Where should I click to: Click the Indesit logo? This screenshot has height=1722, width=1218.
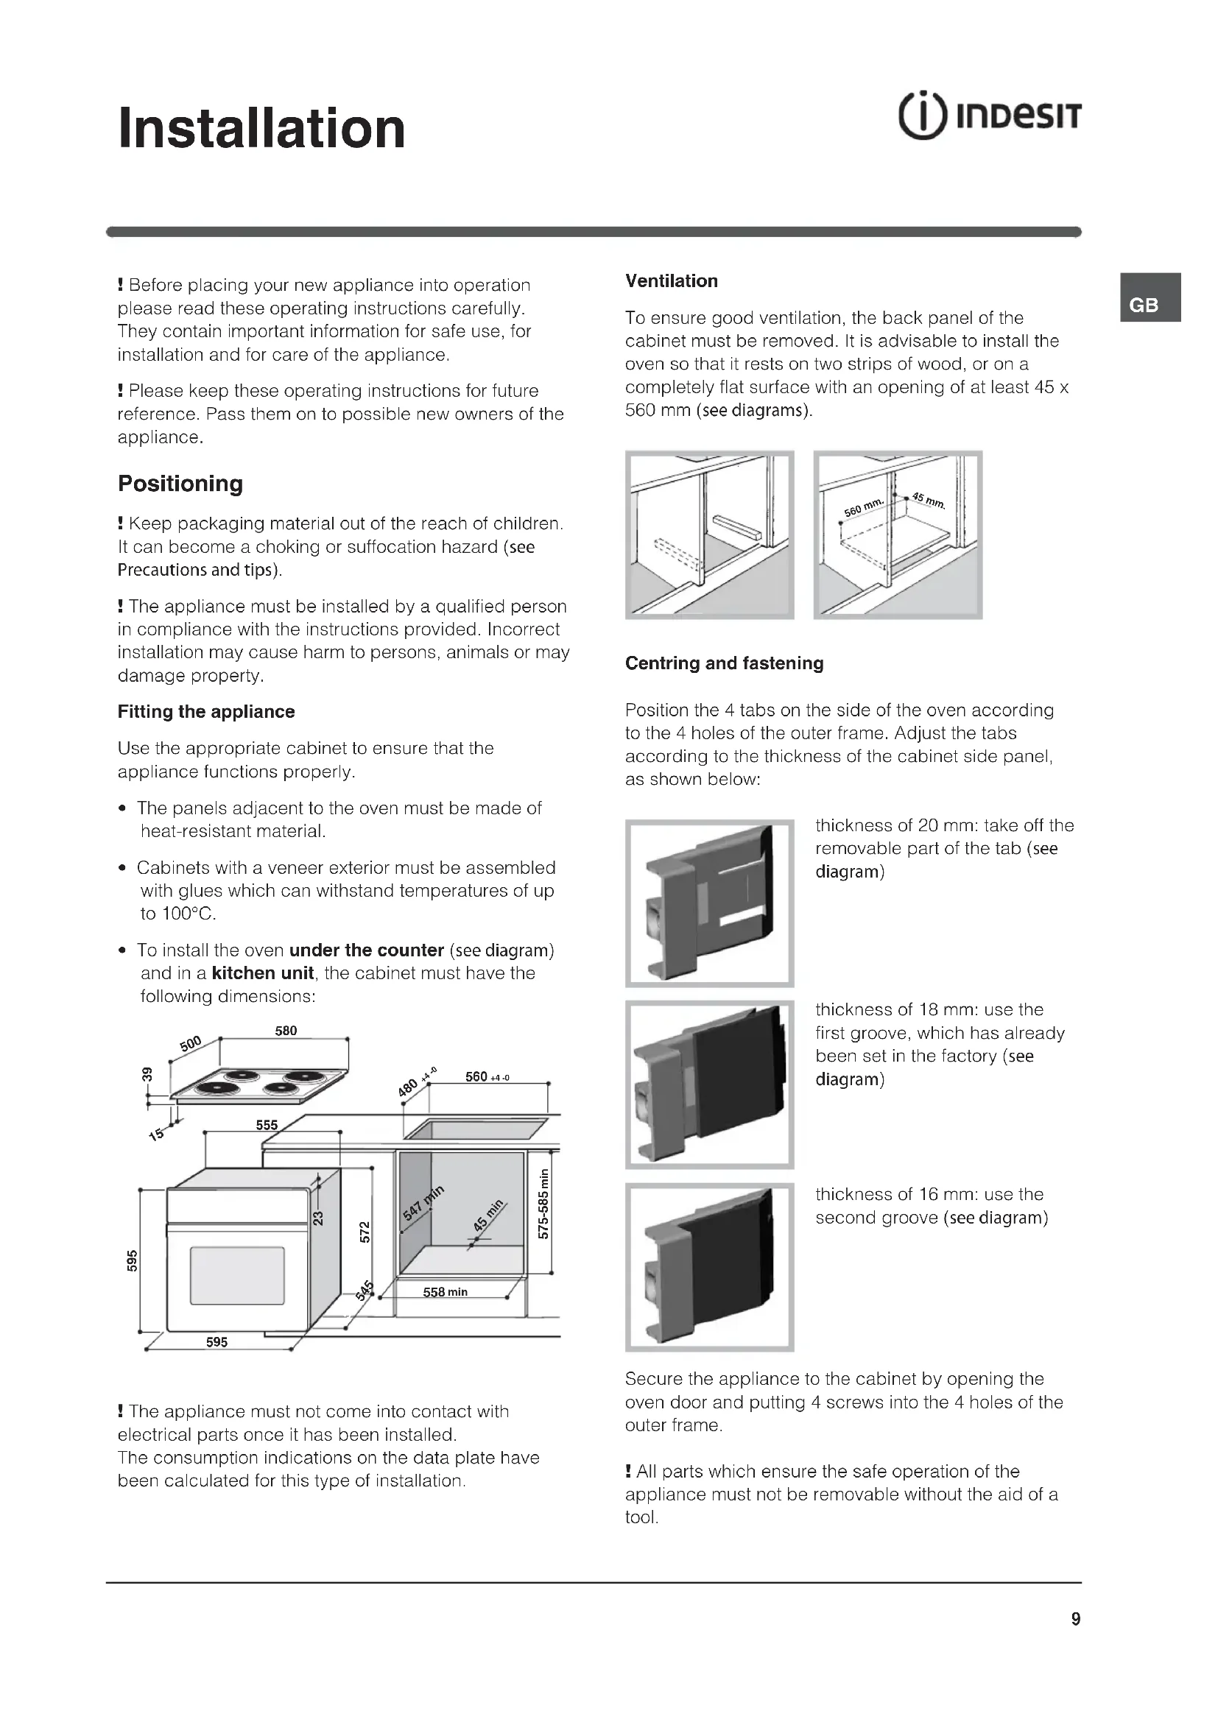(989, 117)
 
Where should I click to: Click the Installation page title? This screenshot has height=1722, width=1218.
(261, 128)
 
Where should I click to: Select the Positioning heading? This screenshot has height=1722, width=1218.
(180, 484)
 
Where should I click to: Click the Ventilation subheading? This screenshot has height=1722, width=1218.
(672, 281)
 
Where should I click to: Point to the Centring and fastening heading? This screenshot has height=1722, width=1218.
(724, 663)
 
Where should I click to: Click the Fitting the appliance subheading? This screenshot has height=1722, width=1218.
(206, 712)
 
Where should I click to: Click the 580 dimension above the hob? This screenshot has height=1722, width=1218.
(286, 1031)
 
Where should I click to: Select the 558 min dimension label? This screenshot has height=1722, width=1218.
(445, 1292)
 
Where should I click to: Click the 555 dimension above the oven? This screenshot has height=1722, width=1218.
(267, 1125)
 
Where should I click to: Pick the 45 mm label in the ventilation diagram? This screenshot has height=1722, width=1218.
(929, 499)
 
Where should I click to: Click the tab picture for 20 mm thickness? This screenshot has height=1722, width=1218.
(709, 903)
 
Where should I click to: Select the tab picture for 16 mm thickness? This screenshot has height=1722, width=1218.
(709, 1268)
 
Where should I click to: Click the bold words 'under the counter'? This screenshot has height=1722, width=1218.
(366, 950)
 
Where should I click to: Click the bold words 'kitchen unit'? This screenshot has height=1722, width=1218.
(262, 973)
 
